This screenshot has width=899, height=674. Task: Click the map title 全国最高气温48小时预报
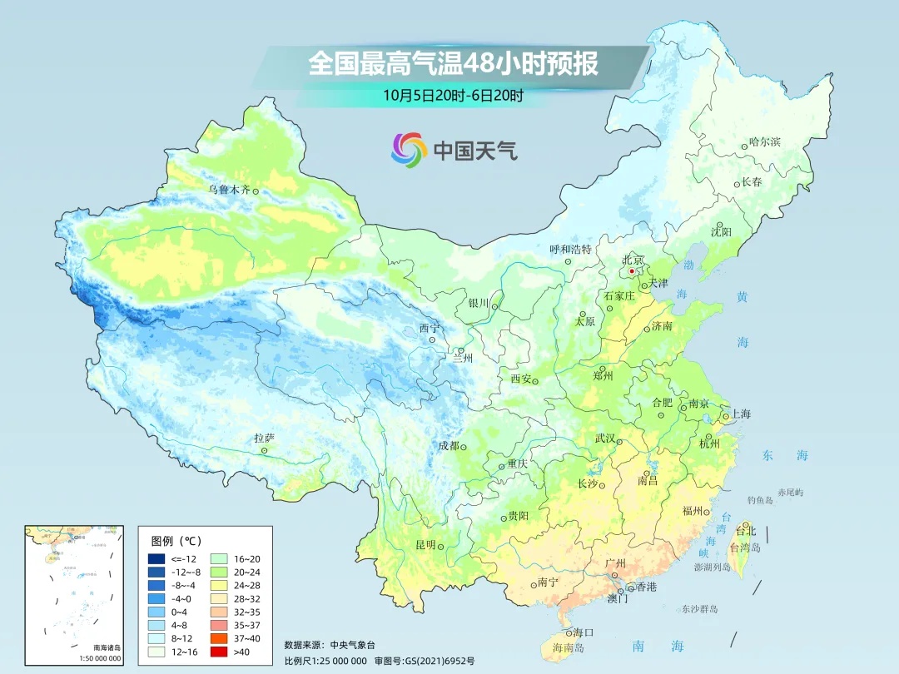click(x=453, y=64)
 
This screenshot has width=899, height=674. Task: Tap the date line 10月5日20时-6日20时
click(x=453, y=95)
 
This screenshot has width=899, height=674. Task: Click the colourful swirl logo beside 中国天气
click(x=409, y=150)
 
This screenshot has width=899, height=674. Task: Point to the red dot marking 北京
click(x=632, y=271)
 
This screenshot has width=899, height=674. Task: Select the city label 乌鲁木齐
click(x=228, y=190)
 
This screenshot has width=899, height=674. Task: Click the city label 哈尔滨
click(x=765, y=142)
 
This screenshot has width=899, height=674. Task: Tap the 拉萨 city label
click(x=264, y=438)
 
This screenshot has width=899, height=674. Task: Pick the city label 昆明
click(x=425, y=545)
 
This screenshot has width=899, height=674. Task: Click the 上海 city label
click(x=740, y=414)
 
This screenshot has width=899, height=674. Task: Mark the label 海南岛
click(x=569, y=647)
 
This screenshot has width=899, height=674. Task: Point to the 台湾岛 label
click(x=745, y=548)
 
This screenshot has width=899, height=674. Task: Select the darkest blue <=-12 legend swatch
click(x=156, y=558)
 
